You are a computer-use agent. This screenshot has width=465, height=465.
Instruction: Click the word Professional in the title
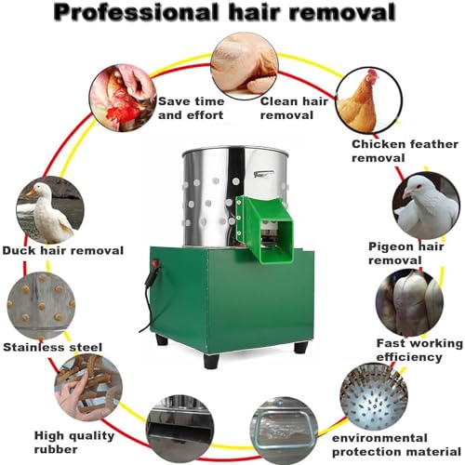[x=137, y=13]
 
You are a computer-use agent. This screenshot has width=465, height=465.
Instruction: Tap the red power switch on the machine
[x=156, y=265]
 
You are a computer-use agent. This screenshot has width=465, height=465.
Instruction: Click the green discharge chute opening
[x=276, y=241]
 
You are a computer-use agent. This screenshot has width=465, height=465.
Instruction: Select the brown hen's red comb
[x=373, y=74]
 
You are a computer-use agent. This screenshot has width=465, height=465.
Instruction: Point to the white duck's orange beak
[x=31, y=193]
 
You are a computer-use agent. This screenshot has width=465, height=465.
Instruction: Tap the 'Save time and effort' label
[x=191, y=108]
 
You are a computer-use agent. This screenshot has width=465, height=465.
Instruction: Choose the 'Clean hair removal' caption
[x=294, y=108]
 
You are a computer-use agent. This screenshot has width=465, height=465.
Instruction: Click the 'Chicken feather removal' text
[x=405, y=151]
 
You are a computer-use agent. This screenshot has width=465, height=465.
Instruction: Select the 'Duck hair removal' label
[x=63, y=250]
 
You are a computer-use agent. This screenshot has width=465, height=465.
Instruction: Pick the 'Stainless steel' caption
[x=52, y=347]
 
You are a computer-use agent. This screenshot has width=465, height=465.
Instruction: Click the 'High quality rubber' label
[x=74, y=443]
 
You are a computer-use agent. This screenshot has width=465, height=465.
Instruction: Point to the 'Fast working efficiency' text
[x=419, y=350]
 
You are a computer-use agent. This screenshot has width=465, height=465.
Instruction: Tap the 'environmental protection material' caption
[x=396, y=445]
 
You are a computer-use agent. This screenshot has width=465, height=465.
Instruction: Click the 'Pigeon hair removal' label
[x=406, y=253]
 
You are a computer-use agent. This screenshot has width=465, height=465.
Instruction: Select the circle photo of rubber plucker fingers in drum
[x=374, y=397]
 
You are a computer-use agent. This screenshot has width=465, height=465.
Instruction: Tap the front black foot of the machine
[x=211, y=361]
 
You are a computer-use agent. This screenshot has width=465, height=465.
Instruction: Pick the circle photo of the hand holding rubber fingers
[x=88, y=388]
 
